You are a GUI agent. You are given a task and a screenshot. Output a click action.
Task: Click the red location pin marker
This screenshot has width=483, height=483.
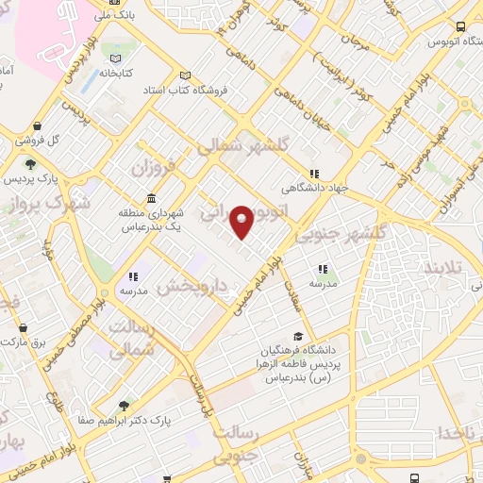point(242,221)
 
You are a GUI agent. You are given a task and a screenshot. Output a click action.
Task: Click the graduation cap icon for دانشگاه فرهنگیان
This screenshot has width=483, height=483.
point(298,336)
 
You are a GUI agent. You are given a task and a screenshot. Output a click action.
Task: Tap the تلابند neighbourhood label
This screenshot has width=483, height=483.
point(442,269)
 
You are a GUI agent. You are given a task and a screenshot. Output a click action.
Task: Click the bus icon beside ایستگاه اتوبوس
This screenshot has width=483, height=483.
point(460,27)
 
